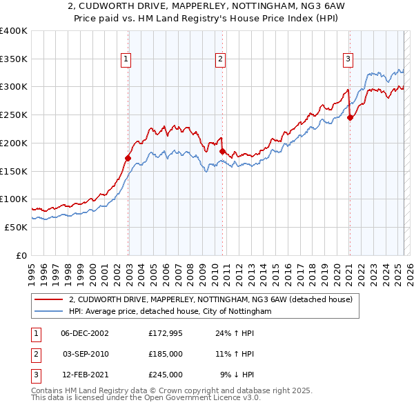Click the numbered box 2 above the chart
220,60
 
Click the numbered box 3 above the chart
348,60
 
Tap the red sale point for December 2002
128,158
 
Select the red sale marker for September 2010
222,151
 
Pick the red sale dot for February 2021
350,117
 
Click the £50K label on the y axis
16,227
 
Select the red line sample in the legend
49,299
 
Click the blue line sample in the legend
49,311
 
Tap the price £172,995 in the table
166,333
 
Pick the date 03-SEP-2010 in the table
86,354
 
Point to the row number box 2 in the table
34,354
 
